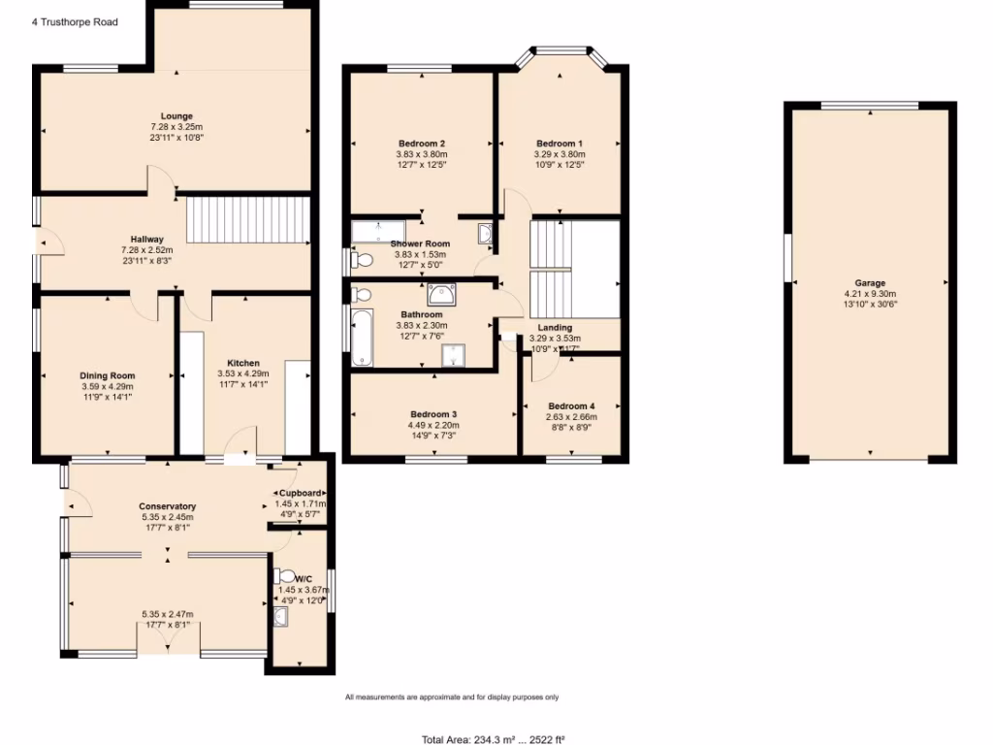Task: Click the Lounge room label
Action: click(x=176, y=116)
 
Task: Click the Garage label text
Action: click(x=870, y=283)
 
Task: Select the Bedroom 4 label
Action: click(x=571, y=405)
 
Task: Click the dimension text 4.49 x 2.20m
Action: click(x=433, y=425)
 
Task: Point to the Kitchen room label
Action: click(x=242, y=363)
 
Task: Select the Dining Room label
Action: click(x=108, y=375)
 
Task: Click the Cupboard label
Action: click(x=302, y=493)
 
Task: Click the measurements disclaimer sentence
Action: click(x=452, y=697)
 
